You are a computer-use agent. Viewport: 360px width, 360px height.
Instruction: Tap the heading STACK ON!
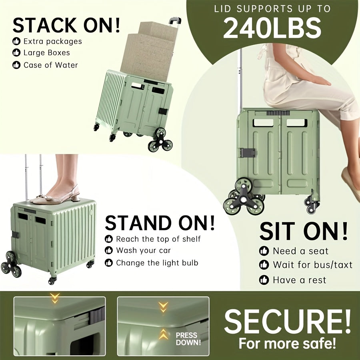66,25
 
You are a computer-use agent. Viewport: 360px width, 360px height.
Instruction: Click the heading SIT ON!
304,231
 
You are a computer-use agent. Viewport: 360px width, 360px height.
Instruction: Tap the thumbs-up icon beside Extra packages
16,41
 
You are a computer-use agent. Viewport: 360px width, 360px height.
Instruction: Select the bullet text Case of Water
50,65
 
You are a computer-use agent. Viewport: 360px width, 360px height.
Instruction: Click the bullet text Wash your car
143,250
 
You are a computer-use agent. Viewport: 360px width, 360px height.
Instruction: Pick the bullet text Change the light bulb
157,263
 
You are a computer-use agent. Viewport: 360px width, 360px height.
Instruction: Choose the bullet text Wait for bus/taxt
312,264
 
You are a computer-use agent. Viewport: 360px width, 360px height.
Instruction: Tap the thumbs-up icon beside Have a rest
264,280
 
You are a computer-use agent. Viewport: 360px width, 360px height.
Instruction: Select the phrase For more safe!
287,343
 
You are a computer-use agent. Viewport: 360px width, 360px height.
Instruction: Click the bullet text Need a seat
300,251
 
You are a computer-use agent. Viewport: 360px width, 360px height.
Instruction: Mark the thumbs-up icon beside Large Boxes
16,53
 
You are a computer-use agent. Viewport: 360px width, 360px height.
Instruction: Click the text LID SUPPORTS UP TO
272,8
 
